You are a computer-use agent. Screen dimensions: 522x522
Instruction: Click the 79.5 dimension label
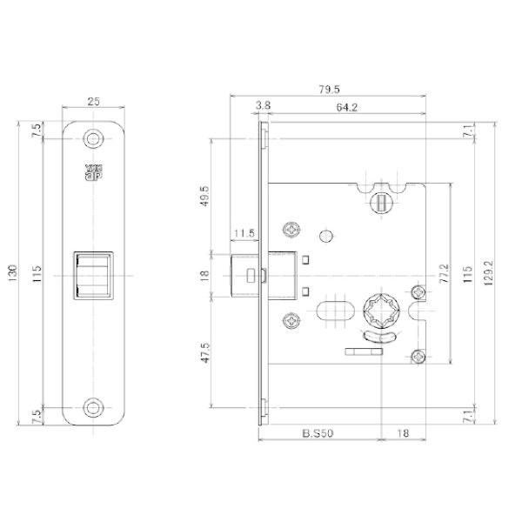click(329, 90)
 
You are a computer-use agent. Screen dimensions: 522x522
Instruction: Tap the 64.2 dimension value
click(346, 107)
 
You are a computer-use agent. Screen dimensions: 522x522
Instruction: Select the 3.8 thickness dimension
click(263, 105)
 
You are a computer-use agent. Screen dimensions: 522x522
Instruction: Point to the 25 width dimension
click(94, 101)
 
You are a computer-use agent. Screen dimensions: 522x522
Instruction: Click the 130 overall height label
click(13, 274)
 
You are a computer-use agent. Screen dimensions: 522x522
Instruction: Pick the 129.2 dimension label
click(489, 273)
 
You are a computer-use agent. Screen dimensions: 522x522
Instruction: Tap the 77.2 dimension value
click(444, 274)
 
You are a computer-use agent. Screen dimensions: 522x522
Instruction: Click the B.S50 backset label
click(318, 433)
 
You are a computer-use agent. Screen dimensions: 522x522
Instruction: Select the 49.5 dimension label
click(204, 196)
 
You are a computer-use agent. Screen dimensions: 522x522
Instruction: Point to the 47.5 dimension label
click(205, 353)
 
